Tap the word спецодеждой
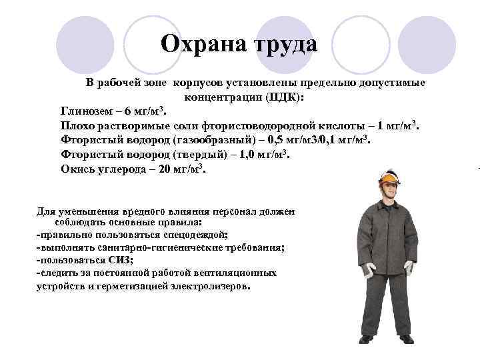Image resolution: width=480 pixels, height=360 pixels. [194, 235]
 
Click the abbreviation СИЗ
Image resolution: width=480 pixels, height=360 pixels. [121, 260]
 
